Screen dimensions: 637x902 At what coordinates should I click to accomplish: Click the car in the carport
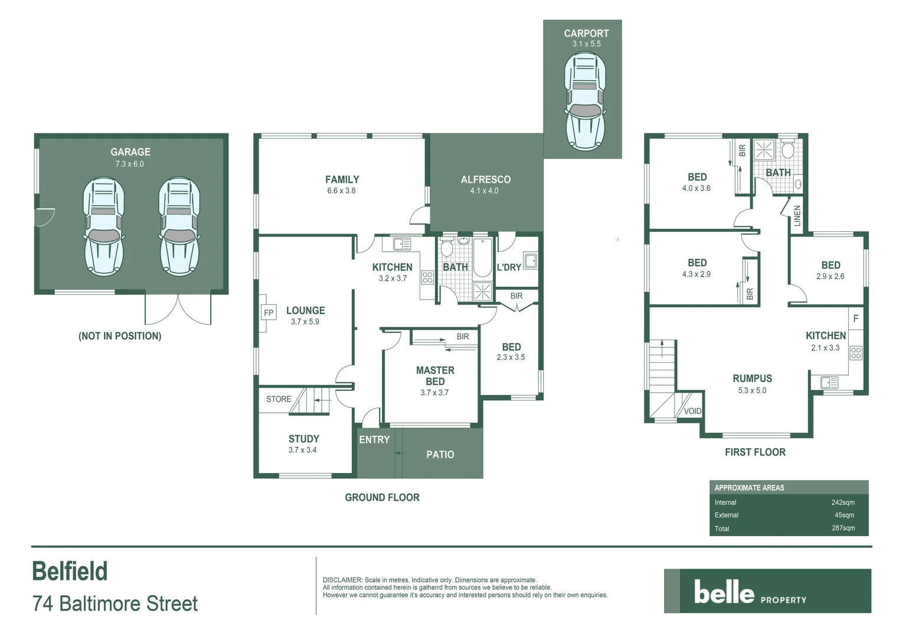coord(585,101)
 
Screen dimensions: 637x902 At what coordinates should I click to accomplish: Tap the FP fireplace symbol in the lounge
coord(269,313)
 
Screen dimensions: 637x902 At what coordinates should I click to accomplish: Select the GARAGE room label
coord(130,152)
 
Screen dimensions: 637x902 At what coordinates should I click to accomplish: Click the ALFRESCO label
coord(485,179)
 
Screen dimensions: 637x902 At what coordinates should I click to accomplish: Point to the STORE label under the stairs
coord(278,399)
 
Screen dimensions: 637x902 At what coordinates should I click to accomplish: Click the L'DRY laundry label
coord(509,267)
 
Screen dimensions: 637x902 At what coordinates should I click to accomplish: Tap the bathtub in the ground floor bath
coord(482,258)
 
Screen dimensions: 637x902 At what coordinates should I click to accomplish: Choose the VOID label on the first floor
coord(692,411)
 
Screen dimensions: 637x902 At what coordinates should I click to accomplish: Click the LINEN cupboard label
coord(798,216)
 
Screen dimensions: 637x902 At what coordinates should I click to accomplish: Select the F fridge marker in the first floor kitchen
coord(855,318)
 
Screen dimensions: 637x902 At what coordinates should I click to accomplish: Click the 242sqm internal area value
coord(843,503)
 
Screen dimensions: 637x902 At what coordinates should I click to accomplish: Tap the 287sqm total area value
coord(843,528)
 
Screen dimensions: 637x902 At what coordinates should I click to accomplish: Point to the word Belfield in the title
coord(70,571)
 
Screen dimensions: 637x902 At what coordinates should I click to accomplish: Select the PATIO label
coord(440,455)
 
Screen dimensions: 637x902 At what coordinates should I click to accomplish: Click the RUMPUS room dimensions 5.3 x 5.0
coord(752,390)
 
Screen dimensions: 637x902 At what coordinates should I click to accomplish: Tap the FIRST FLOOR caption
coord(755,452)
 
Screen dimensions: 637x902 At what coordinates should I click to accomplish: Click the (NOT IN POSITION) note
coord(120,336)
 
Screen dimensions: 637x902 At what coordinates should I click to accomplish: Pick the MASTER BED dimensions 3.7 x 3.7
coord(434,393)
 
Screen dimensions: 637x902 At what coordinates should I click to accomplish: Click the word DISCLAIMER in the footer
coord(342,580)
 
